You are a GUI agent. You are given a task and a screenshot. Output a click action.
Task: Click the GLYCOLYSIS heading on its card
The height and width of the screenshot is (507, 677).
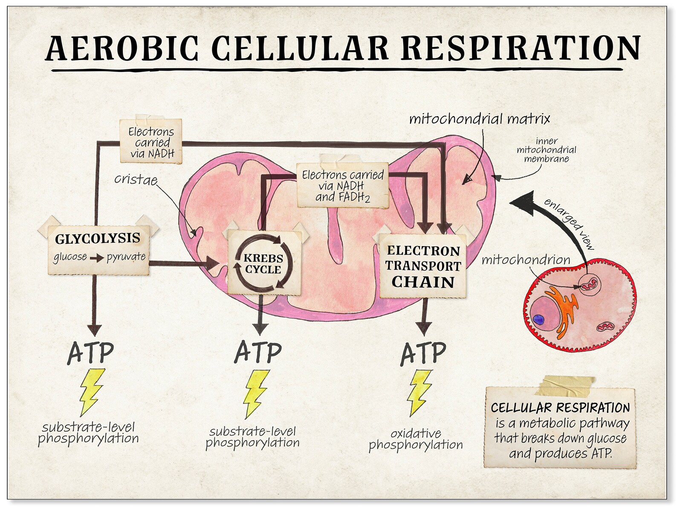click(x=98, y=238)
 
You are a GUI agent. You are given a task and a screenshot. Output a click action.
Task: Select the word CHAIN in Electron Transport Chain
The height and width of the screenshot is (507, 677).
click(x=422, y=282)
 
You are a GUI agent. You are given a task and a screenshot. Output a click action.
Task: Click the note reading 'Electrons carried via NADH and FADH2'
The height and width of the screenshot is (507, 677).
click(x=343, y=186)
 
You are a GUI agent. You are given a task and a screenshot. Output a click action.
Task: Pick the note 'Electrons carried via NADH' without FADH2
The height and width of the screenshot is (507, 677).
click(x=152, y=143)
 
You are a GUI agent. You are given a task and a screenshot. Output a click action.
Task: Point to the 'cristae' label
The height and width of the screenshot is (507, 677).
click(x=136, y=179)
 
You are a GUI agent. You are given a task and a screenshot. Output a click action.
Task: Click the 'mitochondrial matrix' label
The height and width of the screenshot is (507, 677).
click(x=479, y=119)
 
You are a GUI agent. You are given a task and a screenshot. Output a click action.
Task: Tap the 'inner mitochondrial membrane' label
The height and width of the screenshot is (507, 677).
click(x=546, y=150)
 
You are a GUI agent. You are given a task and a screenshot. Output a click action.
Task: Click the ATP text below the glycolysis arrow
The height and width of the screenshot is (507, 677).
click(x=90, y=352)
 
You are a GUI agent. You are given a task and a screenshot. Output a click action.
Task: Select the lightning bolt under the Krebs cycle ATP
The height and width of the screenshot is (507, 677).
click(x=256, y=394)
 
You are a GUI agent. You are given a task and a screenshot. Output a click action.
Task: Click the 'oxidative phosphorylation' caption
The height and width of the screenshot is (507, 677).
click(x=415, y=439)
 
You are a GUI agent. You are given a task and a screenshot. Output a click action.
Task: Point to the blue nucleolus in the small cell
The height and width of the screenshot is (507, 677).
click(x=539, y=319)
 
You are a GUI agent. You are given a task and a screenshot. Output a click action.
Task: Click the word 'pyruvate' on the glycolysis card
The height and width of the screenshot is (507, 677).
click(x=126, y=257)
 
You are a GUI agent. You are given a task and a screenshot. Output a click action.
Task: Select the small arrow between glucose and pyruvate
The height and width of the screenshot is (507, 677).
click(x=96, y=258)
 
